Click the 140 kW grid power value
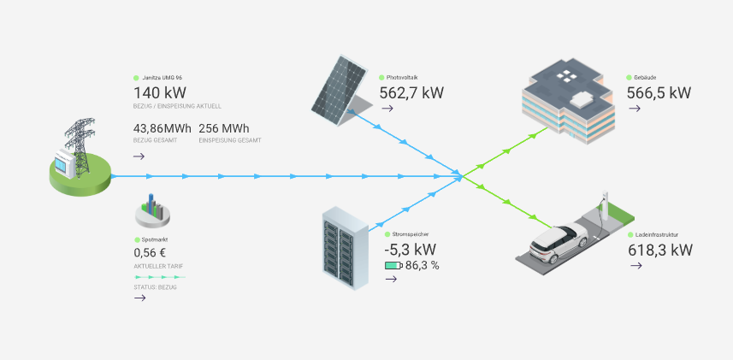[x=160, y=93]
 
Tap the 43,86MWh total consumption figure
[x=163, y=128]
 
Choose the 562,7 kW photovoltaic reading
[x=412, y=93]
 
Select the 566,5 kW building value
[x=659, y=93]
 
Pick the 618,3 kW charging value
[x=659, y=250]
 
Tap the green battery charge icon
[x=393, y=266]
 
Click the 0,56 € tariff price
[x=150, y=253]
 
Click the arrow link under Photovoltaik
[x=387, y=109]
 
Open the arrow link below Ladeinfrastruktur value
[x=635, y=266]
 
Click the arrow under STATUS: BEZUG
[x=139, y=298]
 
